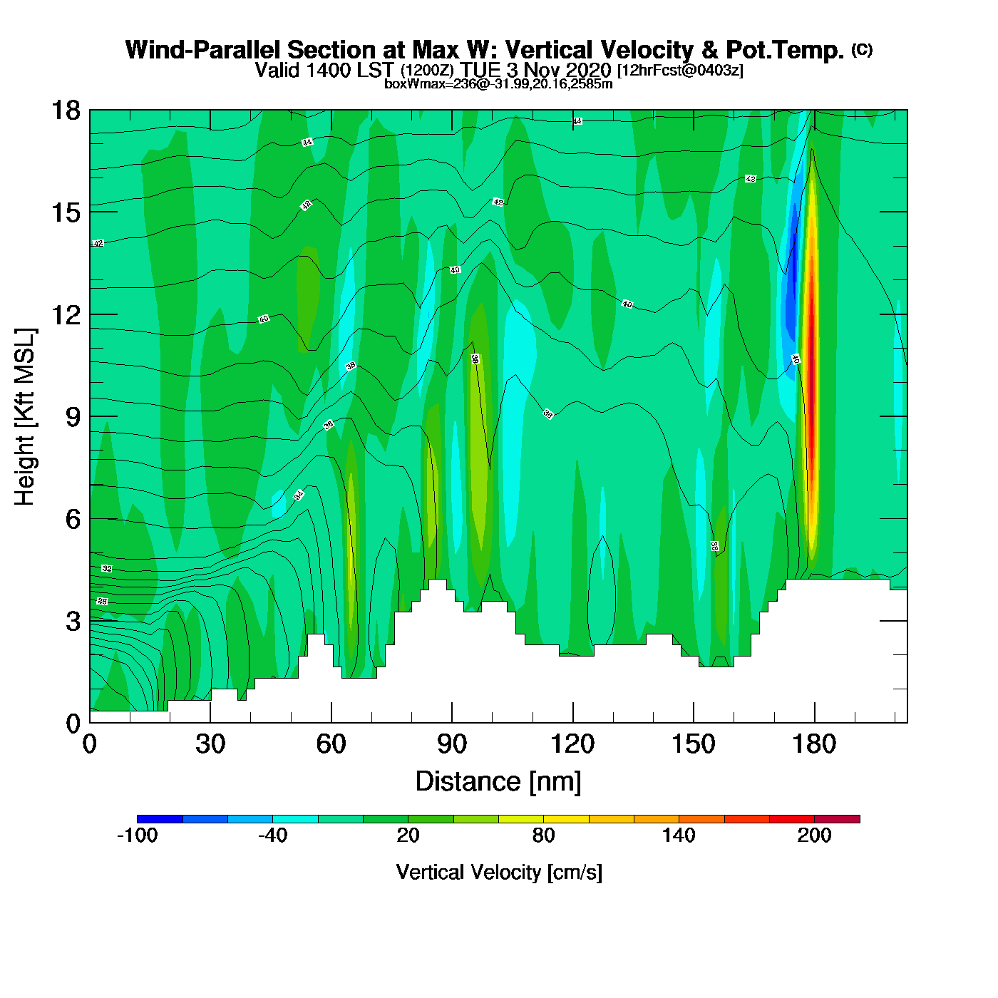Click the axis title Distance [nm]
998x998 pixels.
pos(498,782)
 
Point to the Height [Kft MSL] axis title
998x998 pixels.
pos(25,417)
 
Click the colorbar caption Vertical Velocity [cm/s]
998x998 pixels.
pos(499,873)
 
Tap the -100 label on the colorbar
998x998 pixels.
pos(137,835)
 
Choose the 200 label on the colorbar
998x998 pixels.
pos(814,835)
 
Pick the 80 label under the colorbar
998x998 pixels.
pos(543,835)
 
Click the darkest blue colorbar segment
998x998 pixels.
pos(160,818)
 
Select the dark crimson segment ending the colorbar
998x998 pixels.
pos(837,818)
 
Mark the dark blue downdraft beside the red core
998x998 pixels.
pos(791,299)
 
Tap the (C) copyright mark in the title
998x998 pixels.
pos(862,49)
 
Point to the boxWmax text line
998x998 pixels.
pos(498,84)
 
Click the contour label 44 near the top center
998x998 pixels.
pos(577,122)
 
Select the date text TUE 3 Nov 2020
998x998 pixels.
pos(535,71)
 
